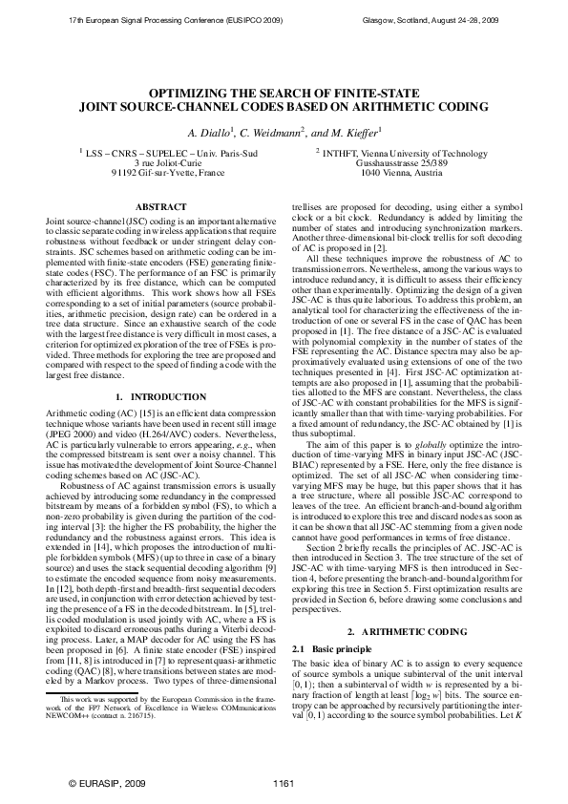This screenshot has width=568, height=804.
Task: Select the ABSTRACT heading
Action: [155, 206]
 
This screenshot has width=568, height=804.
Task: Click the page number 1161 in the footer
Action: [283, 783]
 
